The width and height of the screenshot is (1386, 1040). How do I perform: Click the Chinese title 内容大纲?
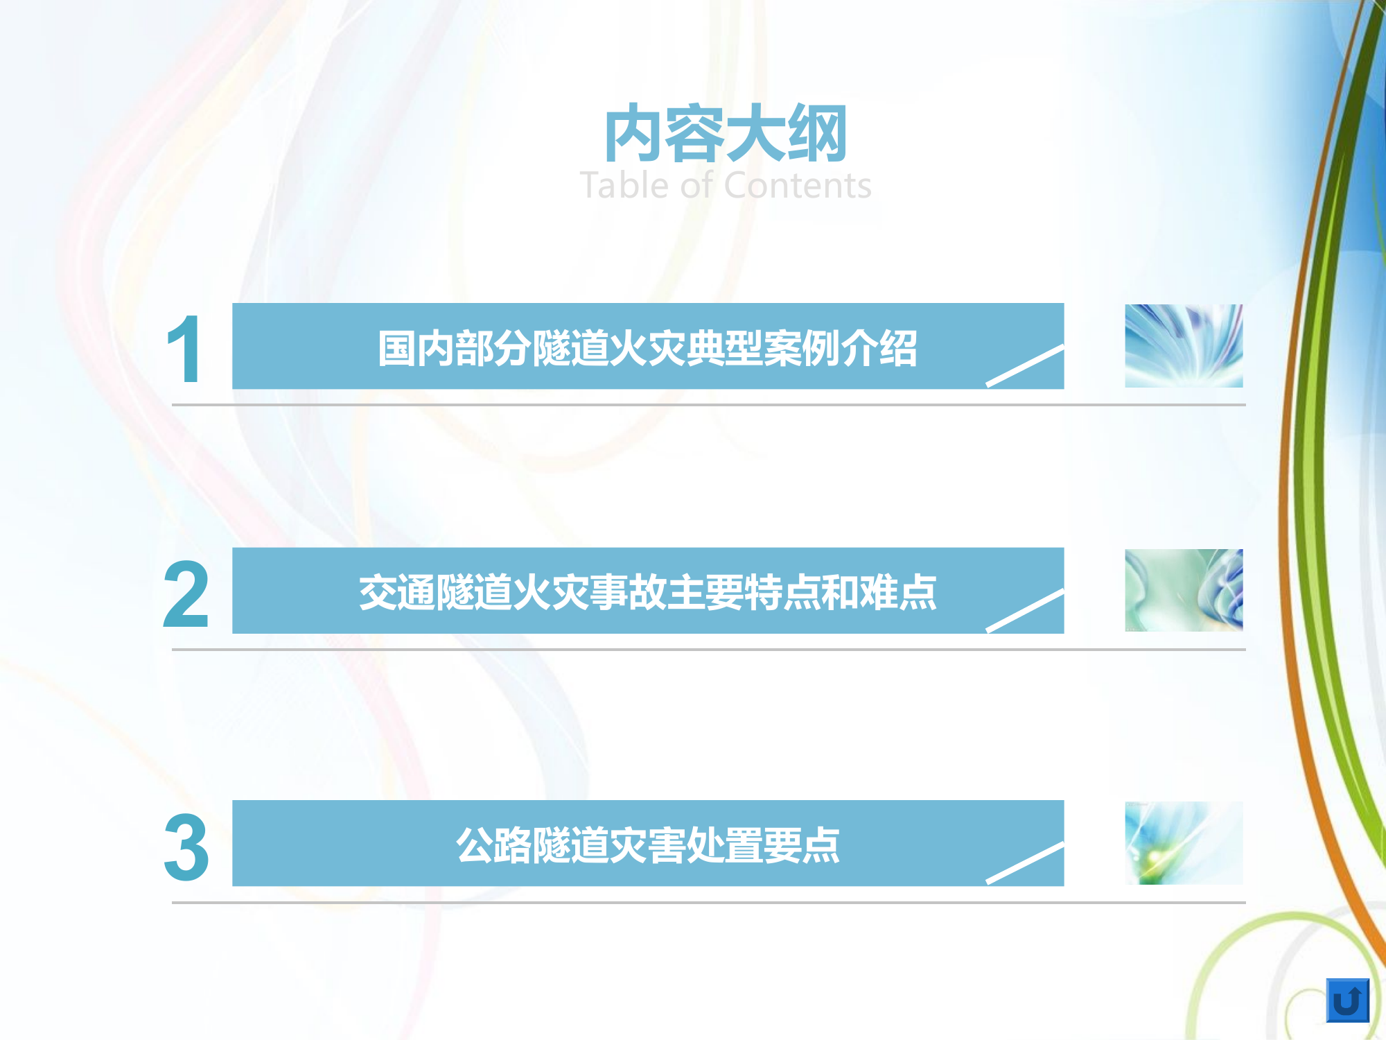726,134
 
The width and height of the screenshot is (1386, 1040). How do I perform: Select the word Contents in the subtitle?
798,186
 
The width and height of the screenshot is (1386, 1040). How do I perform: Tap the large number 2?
186,595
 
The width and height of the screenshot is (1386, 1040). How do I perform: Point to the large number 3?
186,847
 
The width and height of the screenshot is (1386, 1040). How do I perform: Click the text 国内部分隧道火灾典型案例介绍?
647,348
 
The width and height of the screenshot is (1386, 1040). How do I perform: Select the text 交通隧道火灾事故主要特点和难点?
647,593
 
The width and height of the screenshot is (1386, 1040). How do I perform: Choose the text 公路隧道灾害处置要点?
647,846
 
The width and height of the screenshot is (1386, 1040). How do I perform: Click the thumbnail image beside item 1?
1184,346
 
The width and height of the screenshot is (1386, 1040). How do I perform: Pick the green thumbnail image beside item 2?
1184,590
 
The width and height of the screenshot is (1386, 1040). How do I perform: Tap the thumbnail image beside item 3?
1184,843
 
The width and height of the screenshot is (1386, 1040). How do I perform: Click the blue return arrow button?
1347,1000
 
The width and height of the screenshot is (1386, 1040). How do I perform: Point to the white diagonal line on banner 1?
1025,365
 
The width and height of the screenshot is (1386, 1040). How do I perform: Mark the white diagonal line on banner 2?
1025,610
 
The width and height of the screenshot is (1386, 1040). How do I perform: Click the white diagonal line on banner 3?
1025,863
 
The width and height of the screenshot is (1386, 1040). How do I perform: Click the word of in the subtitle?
696,186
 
